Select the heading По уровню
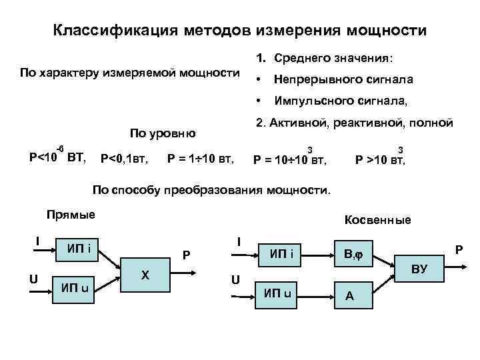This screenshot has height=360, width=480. [163, 133]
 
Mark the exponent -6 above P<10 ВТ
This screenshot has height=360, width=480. [59, 147]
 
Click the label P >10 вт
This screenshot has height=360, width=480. [380, 160]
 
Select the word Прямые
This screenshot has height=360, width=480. [71, 214]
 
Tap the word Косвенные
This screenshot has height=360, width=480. [377, 220]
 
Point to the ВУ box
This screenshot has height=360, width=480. [419, 269]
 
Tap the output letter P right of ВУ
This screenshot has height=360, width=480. [458, 249]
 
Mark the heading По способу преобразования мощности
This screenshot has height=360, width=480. [211, 190]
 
